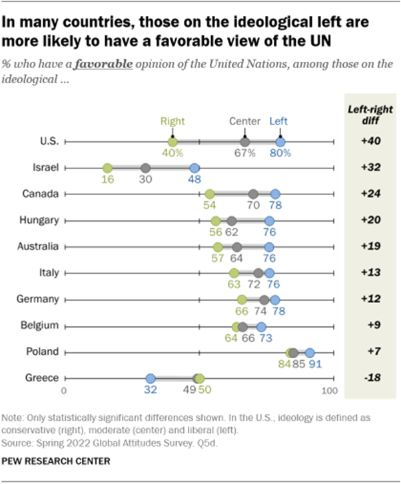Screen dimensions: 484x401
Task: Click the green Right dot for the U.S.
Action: tap(173, 142)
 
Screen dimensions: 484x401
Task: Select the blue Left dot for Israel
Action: tap(194, 168)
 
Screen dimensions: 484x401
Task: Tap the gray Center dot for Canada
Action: tap(253, 194)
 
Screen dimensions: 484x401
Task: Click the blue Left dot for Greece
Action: tap(151, 378)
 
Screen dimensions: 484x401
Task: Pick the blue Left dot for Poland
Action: tap(309, 352)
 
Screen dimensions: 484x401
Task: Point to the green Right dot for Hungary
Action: tap(215, 221)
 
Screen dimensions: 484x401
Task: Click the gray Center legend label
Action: tap(244, 122)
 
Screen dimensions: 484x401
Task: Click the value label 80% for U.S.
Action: tap(280, 154)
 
